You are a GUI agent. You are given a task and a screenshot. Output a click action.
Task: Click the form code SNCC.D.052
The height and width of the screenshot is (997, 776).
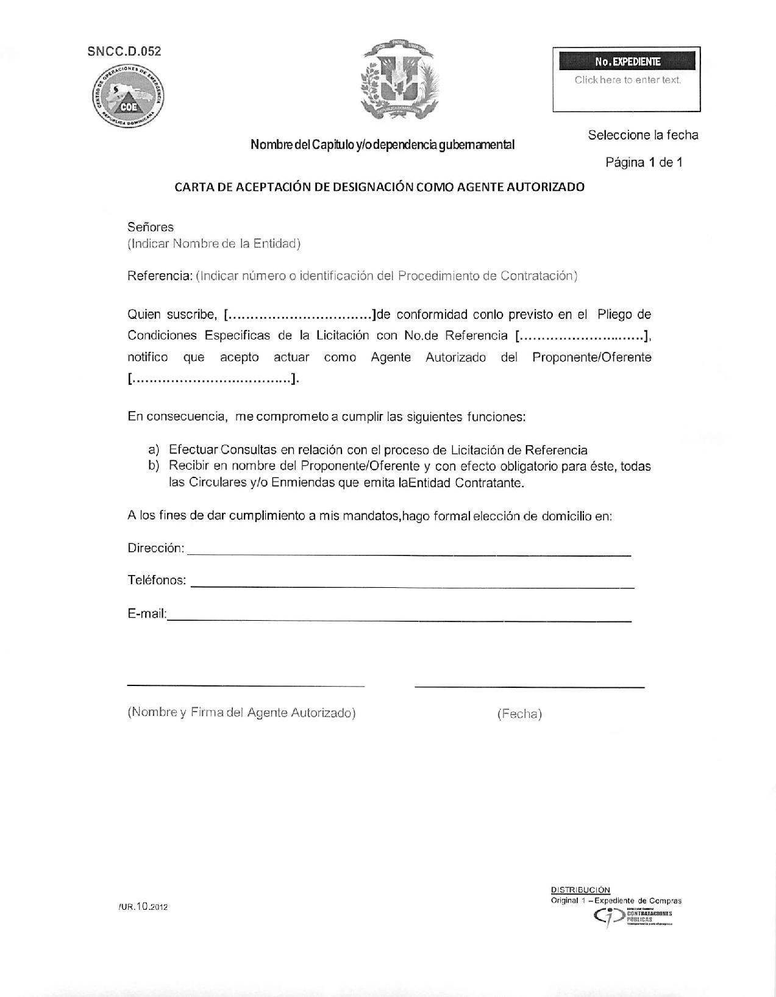pos(124,51)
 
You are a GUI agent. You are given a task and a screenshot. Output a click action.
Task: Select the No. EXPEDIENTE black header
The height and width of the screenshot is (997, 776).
pos(627,62)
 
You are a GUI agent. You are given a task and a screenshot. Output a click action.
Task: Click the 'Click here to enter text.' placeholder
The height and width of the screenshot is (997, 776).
pos(627,80)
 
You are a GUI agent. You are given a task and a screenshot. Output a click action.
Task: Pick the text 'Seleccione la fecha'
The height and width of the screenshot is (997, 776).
pos(643,135)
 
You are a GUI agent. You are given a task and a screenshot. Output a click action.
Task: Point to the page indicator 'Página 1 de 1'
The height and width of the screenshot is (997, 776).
pos(643,162)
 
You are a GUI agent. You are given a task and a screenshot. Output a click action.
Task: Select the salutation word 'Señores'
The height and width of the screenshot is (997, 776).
pos(150,227)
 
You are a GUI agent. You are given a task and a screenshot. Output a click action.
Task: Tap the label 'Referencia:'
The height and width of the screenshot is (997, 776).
pos(160,276)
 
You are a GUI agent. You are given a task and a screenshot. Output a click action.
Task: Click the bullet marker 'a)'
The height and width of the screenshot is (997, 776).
pos(154,450)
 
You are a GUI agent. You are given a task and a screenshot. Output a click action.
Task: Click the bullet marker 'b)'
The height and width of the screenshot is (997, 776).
pos(154,466)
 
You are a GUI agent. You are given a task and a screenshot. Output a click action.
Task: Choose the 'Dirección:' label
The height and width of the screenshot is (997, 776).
pos(155,548)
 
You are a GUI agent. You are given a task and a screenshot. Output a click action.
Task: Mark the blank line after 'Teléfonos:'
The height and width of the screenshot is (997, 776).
pos(412,586)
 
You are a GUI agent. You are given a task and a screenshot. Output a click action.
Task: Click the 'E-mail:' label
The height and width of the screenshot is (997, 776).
pos(147,614)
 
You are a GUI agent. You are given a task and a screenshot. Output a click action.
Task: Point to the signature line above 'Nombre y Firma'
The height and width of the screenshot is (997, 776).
pos(246,685)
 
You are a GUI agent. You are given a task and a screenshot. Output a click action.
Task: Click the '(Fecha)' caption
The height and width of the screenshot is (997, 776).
pos(519,713)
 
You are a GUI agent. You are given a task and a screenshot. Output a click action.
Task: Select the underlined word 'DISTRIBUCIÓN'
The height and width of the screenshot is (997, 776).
pos(580,890)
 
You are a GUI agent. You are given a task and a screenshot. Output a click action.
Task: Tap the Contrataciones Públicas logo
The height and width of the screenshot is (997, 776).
pos(633,916)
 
